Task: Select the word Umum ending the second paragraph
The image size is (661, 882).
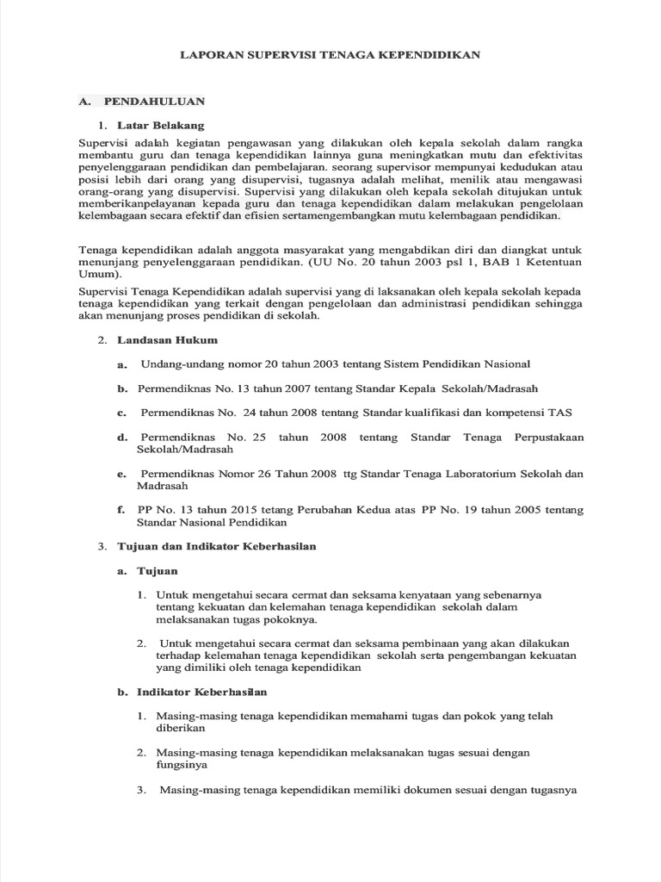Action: point(95,274)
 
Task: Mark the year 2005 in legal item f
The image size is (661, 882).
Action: point(528,510)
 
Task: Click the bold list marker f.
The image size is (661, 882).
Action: point(121,510)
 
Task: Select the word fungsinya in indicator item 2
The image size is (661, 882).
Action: point(182,764)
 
